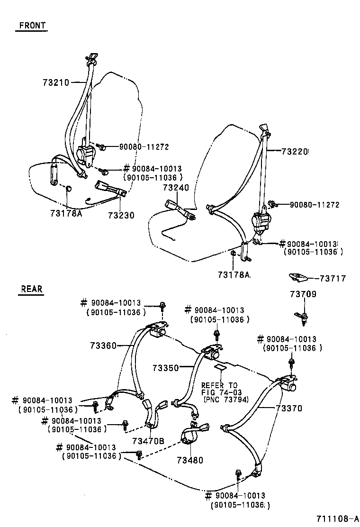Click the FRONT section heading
pos(32,26)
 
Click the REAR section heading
pos(31,289)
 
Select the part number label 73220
pos(295,152)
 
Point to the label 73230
pos(121,215)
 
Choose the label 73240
pos(176,188)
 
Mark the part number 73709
pos(303,294)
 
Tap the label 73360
pos(102,346)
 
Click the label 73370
pos(288,408)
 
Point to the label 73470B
pos(149,441)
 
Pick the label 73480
pos(190,460)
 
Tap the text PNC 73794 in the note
pos(221,400)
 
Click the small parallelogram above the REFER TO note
pos(220,367)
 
